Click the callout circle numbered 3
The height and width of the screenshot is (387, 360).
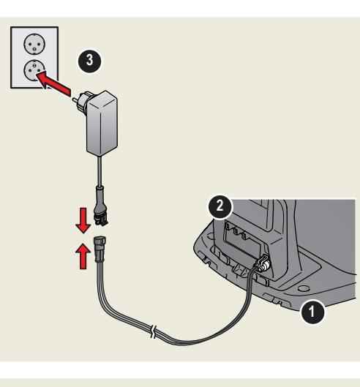click(89, 61)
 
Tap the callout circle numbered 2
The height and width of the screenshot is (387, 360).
click(220, 206)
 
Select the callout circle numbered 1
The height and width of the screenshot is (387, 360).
click(312, 312)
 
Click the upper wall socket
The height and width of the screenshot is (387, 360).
click(34, 44)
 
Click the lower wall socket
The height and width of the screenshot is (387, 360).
click(34, 70)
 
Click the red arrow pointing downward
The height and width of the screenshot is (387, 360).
click(83, 220)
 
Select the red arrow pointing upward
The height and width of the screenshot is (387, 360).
click(83, 256)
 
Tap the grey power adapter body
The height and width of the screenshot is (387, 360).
click(102, 124)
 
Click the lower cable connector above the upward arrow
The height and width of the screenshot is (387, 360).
click(100, 249)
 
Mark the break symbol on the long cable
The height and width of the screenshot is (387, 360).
click(154, 332)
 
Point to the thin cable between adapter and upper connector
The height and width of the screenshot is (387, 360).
click(100, 171)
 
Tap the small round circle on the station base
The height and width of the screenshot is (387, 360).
click(304, 288)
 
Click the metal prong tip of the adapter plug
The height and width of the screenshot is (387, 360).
click(74, 99)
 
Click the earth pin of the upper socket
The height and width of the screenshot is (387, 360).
click(34, 50)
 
